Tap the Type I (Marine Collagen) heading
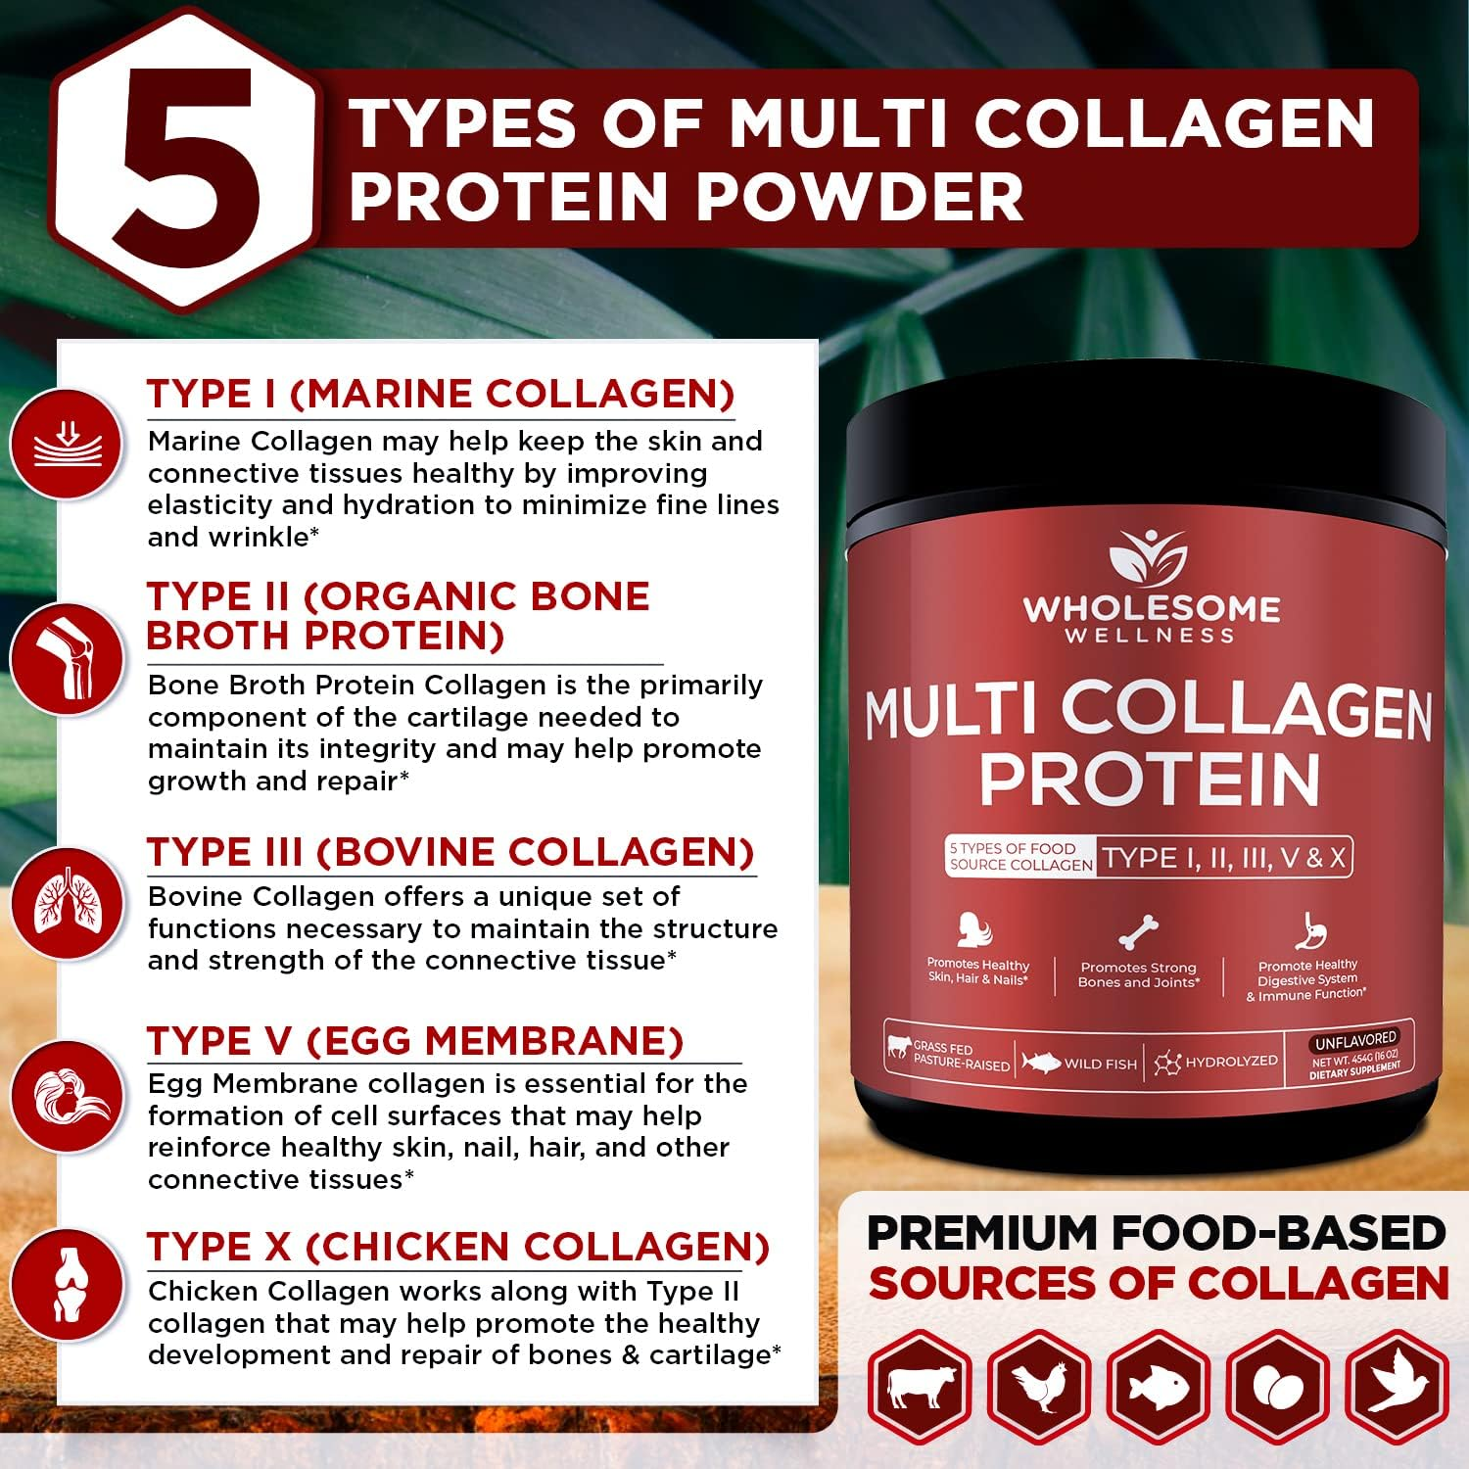pos(440,394)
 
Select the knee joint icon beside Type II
pos(67,657)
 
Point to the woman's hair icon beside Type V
pos(67,1096)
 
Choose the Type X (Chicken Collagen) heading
pos(457,1247)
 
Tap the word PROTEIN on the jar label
pos(1150,781)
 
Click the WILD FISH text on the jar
pos(1100,1064)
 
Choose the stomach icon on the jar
pos(1308,931)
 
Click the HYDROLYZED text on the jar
pos(1231,1062)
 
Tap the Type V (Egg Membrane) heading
pos(415,1041)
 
